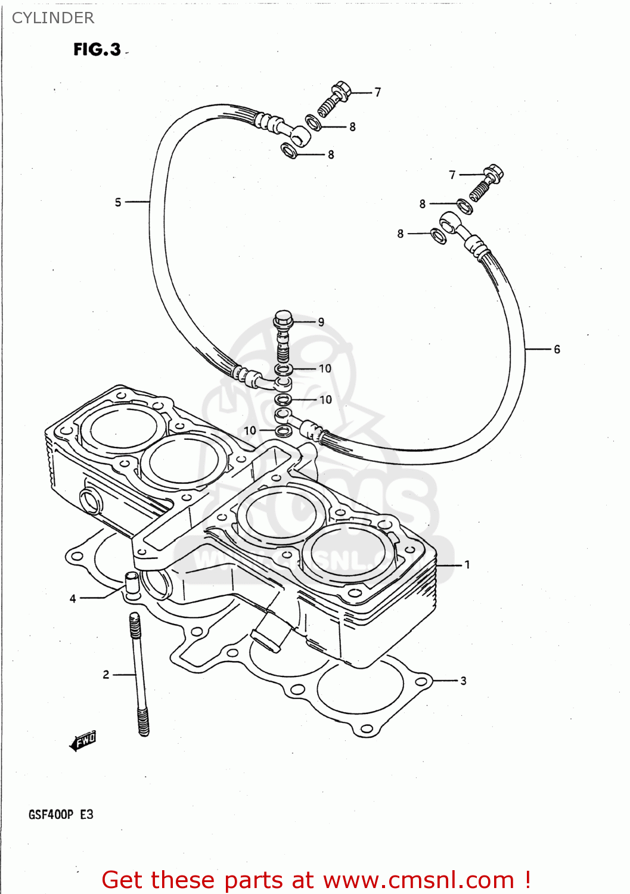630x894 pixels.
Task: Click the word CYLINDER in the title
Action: coord(53,18)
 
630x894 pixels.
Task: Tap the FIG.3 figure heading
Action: coord(97,49)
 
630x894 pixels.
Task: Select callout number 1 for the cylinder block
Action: coord(467,564)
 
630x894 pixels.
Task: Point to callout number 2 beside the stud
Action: coord(106,675)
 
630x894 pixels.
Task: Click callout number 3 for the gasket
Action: coord(463,681)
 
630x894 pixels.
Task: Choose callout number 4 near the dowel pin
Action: coord(73,598)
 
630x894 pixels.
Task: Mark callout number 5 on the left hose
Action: coord(118,203)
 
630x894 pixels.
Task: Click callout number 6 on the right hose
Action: coord(557,349)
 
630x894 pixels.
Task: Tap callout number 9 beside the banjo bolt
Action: coord(321,322)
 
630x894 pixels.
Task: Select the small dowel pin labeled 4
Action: coord(131,582)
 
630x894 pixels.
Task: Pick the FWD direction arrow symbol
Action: coord(83,741)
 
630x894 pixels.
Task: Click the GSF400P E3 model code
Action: coord(61,814)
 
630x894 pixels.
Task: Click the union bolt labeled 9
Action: coord(283,334)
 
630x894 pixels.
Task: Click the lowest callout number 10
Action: coord(250,430)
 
